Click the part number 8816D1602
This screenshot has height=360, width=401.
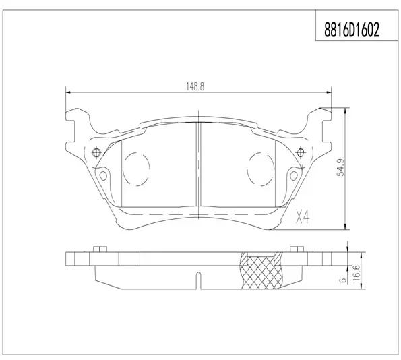[352, 30]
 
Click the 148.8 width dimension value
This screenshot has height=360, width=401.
[195, 87]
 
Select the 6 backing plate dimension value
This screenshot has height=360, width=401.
[344, 280]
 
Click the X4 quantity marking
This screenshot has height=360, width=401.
[303, 217]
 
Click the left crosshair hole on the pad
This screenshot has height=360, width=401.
[96, 153]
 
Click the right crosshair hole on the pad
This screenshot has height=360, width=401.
[300, 153]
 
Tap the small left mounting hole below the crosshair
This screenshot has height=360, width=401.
[103, 175]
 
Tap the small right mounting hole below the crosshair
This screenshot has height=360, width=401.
[294, 175]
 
